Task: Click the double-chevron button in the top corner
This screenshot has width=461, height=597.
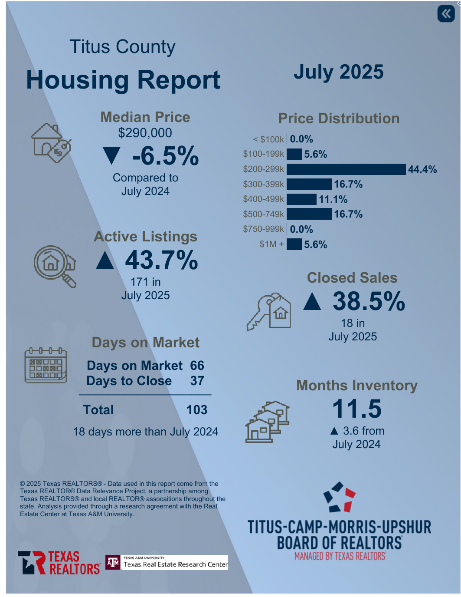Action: pyautogui.click(x=446, y=13)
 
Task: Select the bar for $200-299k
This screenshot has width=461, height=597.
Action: pyautogui.click(x=346, y=169)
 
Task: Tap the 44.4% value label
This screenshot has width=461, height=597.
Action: pyautogui.click(x=422, y=169)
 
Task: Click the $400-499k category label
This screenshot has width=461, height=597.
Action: pyautogui.click(x=263, y=199)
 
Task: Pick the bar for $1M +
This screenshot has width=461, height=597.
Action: pyautogui.click(x=294, y=244)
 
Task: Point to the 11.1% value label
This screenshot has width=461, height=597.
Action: pyautogui.click(x=333, y=199)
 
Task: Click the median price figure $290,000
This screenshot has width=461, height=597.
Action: pyautogui.click(x=145, y=133)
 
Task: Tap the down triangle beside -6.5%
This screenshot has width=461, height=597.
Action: pyautogui.click(x=111, y=156)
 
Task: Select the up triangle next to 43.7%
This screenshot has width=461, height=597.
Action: pyautogui.click(x=105, y=261)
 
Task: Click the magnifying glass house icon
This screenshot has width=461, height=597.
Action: pyautogui.click(x=55, y=266)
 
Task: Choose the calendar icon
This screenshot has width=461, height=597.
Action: pyautogui.click(x=46, y=365)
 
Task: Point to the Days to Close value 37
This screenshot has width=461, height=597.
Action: pyautogui.click(x=197, y=381)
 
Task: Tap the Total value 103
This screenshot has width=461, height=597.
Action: pyautogui.click(x=197, y=410)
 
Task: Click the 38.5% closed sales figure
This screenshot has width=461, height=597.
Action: pyautogui.click(x=369, y=301)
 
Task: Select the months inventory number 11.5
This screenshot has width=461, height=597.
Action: pyautogui.click(x=356, y=409)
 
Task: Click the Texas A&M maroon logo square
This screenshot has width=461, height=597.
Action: pyautogui.click(x=113, y=563)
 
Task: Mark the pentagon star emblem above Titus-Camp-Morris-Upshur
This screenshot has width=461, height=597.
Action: pyautogui.click(x=339, y=497)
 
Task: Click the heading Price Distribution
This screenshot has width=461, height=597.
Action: pyautogui.click(x=339, y=119)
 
